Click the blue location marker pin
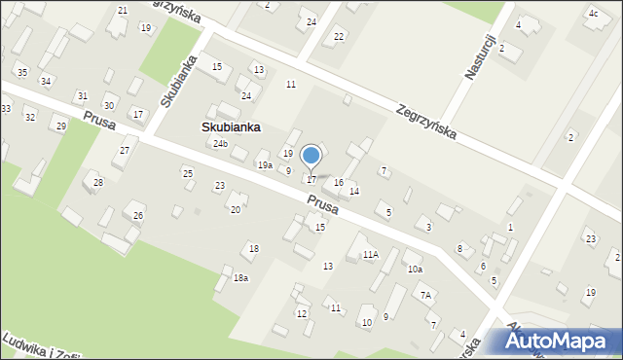[311, 157]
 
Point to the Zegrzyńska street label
[426, 123]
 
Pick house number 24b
[221, 144]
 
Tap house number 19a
[265, 165]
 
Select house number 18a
[240, 278]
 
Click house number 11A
[371, 255]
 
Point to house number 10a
[415, 269]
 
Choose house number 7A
[425, 295]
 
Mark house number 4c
[593, 14]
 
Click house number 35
[22, 73]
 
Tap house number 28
[98, 183]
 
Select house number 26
[138, 215]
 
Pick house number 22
[339, 36]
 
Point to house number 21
[122, 10]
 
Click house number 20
[235, 209]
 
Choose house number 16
[339, 183]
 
